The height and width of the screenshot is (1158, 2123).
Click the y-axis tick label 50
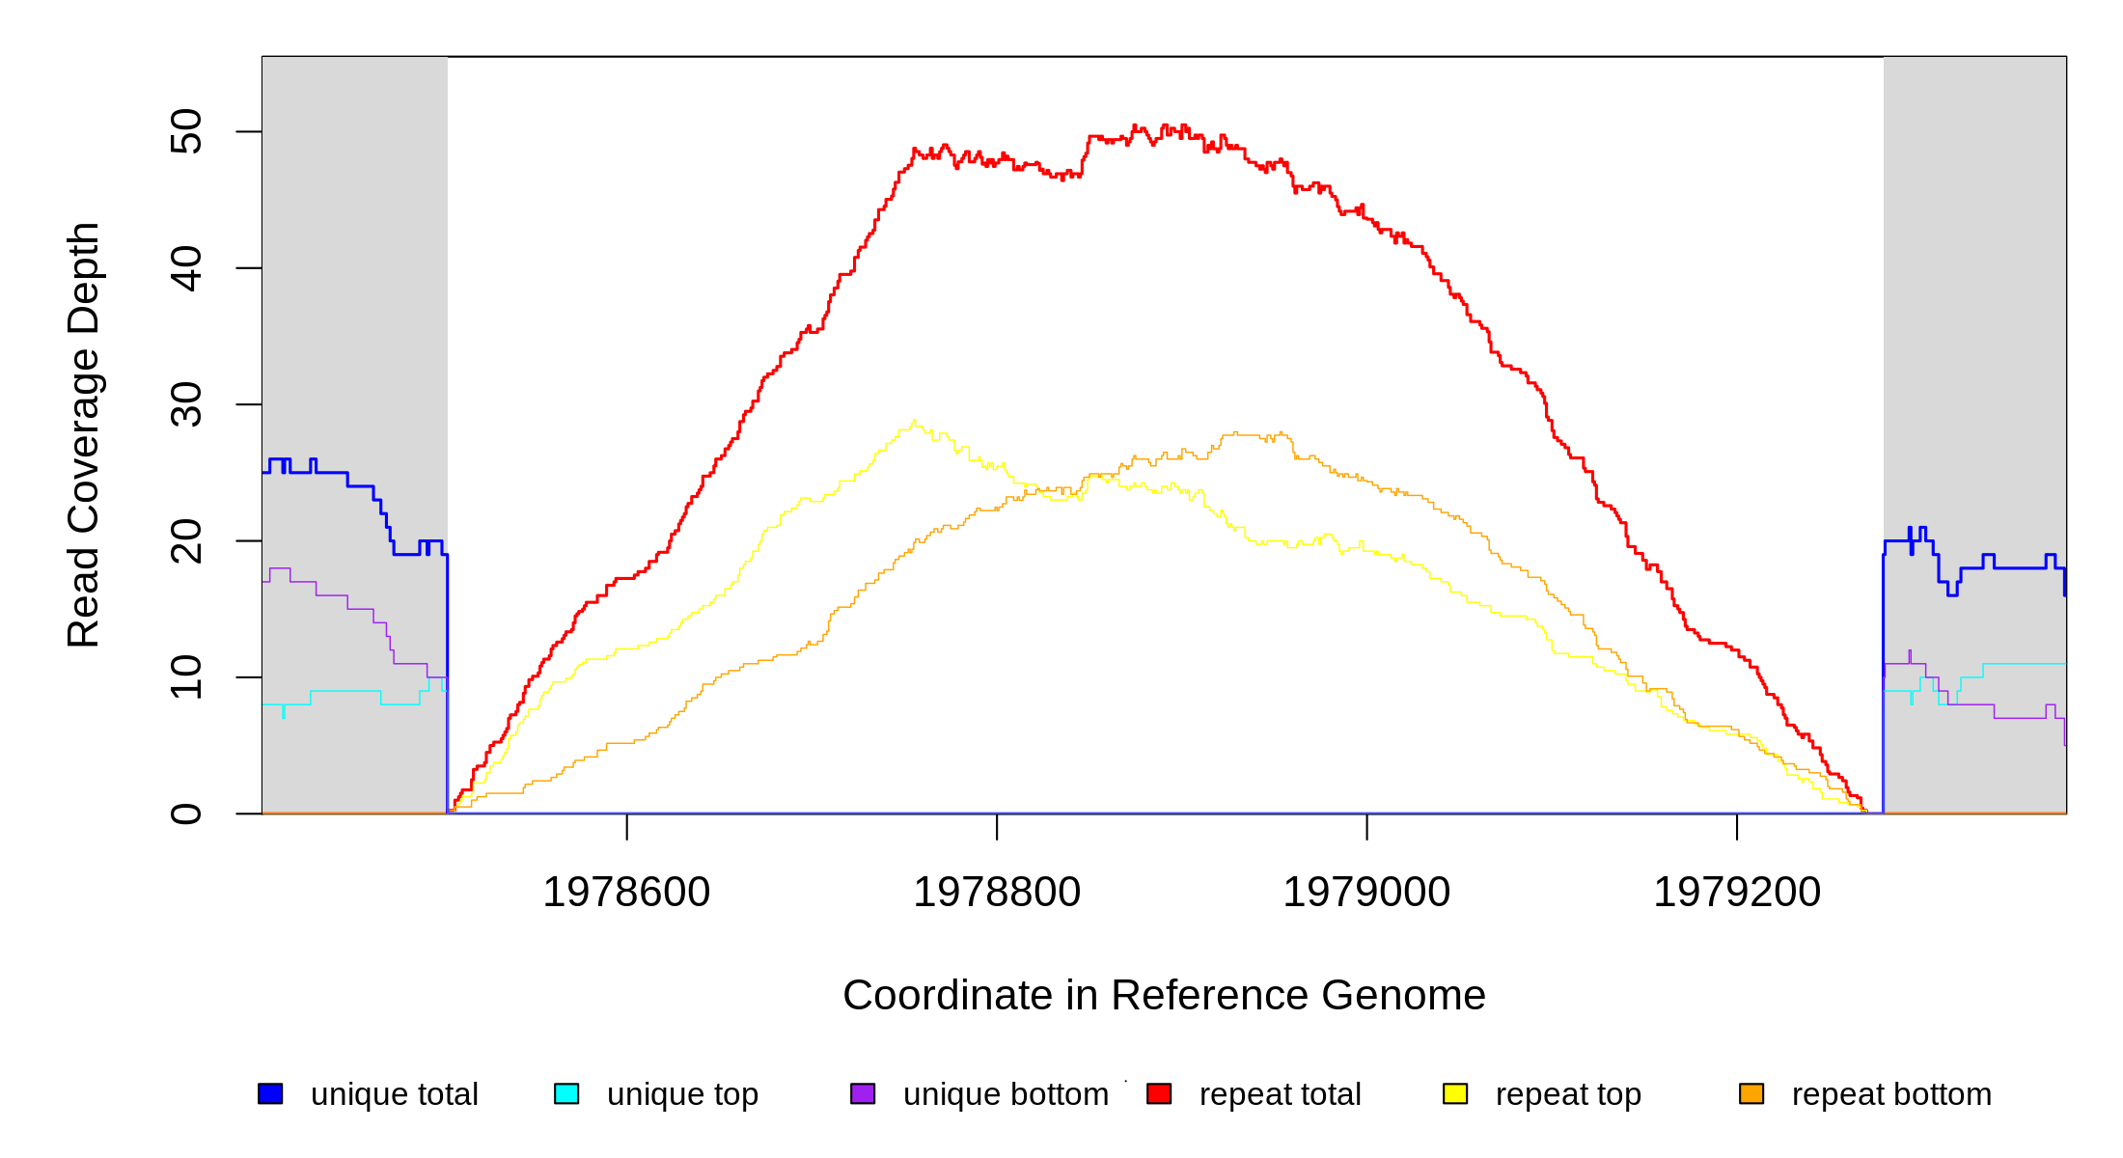pos(185,132)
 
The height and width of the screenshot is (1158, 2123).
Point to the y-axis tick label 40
pos(185,268)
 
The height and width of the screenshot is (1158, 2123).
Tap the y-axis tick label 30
pos(185,404)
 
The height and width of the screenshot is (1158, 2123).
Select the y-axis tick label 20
pos(185,541)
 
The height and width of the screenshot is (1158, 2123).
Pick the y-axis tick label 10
pos(185,677)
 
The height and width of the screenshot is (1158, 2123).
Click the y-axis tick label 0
pos(185,813)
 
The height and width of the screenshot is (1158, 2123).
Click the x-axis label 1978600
pos(626,893)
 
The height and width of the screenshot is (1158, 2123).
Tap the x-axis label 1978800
pos(997,893)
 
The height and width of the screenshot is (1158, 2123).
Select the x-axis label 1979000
pos(1366,893)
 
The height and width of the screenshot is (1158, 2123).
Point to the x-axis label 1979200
pos(1737,893)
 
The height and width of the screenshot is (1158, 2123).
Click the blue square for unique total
pos(270,1093)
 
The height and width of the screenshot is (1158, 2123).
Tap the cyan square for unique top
pos(566,1093)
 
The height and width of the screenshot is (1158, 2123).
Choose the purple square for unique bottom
pos(863,1093)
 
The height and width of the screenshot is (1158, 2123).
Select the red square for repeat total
pos(1159,1093)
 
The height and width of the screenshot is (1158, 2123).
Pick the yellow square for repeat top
pos(1455,1093)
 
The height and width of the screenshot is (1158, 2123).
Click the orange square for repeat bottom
pos(1751,1093)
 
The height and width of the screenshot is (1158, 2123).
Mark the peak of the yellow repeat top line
pos(914,421)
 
